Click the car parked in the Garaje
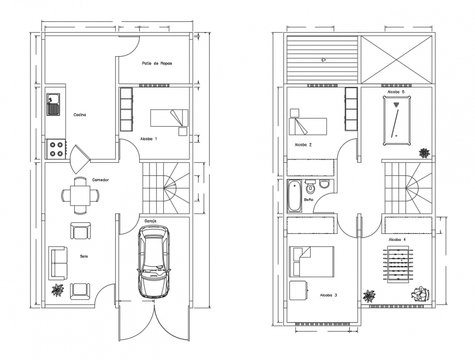pos(155,262)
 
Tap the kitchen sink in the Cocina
pos(54,104)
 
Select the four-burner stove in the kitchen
pos(55,149)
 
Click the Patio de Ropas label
pos(157,63)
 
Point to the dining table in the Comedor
pos(80,195)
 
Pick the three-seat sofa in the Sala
pos(58,263)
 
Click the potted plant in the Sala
pos(57,290)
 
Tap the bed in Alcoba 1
pos(169,118)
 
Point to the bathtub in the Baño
pos(294,196)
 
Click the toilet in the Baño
pos(311,188)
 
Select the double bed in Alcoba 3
pos(311,261)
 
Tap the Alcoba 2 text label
pos(303,145)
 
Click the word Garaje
pos(151,221)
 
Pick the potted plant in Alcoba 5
pos(424,152)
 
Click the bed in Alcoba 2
pos(307,126)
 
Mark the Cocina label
pos(80,115)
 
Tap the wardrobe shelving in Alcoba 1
pos(126,109)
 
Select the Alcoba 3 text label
pos(328,295)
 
